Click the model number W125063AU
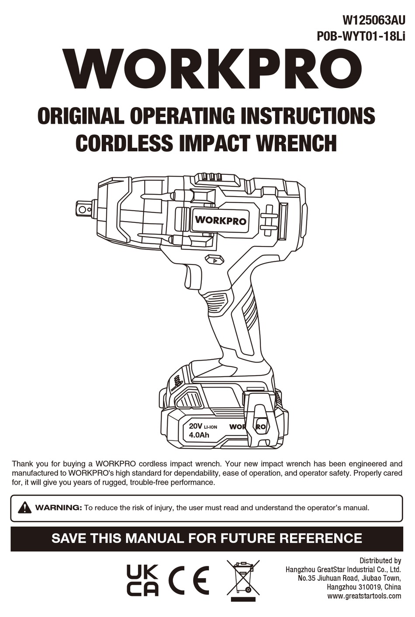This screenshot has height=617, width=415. click(x=374, y=20)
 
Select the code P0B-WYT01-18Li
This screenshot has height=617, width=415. click(x=361, y=37)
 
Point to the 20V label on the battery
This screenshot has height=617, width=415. click(x=195, y=426)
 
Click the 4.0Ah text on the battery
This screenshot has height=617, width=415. click(x=199, y=435)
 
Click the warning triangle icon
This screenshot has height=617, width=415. click(x=24, y=508)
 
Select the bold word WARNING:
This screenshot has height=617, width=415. click(x=59, y=508)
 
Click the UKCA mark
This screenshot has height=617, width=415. click(x=142, y=580)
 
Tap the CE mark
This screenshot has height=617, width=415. click(x=189, y=580)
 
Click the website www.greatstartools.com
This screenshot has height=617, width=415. click(x=364, y=596)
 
